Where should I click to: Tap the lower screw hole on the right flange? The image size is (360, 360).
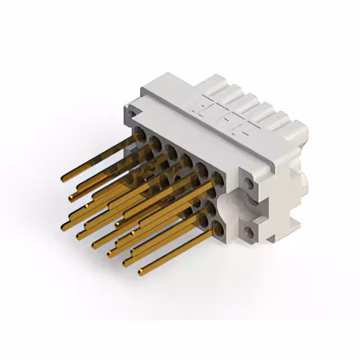coord(247,230)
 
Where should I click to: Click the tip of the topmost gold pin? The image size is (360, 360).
coord(63,179)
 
